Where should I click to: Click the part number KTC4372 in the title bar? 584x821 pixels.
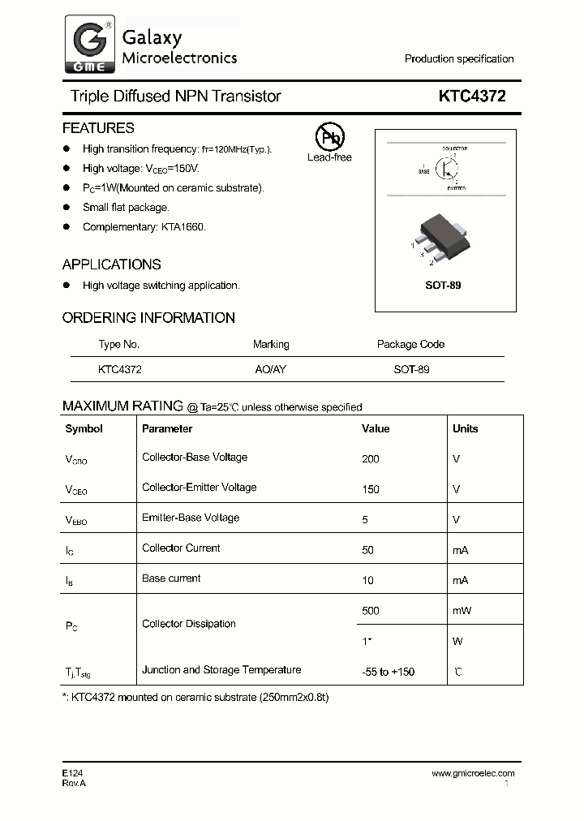[472, 97]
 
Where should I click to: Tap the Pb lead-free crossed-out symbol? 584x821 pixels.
[329, 137]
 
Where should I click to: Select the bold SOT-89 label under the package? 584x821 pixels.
[443, 286]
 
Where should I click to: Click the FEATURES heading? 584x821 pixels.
[98, 128]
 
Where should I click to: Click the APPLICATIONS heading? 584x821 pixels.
[111, 264]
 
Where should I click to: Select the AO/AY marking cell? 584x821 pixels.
[271, 369]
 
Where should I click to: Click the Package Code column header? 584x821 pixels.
[410, 344]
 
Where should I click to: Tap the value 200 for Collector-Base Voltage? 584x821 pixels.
[371, 459]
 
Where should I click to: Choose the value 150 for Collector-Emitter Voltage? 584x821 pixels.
[371, 489]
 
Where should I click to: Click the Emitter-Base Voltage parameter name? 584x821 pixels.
[191, 518]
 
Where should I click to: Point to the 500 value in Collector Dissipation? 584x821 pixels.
[371, 611]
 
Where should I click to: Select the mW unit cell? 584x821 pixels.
[462, 611]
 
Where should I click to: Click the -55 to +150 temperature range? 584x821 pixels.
[388, 672]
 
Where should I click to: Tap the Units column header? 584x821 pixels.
[466, 429]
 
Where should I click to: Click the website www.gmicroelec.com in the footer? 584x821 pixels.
[473, 773]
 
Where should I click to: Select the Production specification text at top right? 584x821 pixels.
[459, 59]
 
